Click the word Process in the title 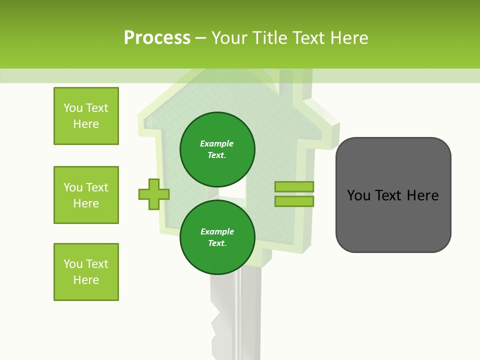[x=157, y=38]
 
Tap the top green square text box [x=86, y=116]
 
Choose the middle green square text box [x=86, y=195]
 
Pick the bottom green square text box [x=86, y=272]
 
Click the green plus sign [x=154, y=194]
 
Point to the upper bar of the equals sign [x=294, y=186]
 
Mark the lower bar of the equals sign [x=294, y=201]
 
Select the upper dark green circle [x=217, y=149]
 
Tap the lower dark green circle [x=217, y=237]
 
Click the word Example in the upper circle [x=217, y=143]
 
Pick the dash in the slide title [x=200, y=38]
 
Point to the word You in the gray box [x=359, y=195]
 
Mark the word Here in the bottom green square [x=86, y=280]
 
